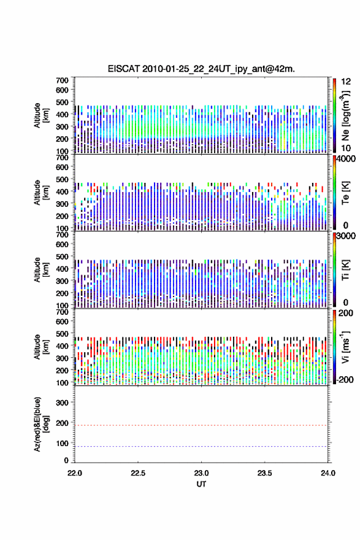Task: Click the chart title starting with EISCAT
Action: [x=201, y=69]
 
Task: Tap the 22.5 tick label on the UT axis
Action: [x=137, y=473]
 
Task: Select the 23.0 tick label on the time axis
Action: [x=201, y=473]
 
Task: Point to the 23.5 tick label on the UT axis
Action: [x=264, y=473]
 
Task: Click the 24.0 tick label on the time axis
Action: [x=328, y=473]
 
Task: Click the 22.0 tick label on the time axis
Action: [x=75, y=473]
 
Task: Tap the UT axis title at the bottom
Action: [x=201, y=484]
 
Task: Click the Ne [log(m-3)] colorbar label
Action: [x=345, y=116]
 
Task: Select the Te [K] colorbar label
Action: [x=345, y=193]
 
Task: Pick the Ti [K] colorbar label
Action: [x=345, y=269]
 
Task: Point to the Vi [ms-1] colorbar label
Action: [x=345, y=347]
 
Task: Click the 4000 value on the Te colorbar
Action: [x=346, y=159]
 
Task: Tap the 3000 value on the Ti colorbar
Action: [x=346, y=236]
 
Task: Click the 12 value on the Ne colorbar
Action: [x=346, y=82]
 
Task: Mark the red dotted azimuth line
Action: [x=201, y=425]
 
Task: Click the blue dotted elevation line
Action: [x=201, y=446]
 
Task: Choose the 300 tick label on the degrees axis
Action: [x=63, y=403]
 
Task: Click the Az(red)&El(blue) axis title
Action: [x=42, y=424]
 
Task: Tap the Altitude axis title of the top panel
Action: [x=42, y=115]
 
